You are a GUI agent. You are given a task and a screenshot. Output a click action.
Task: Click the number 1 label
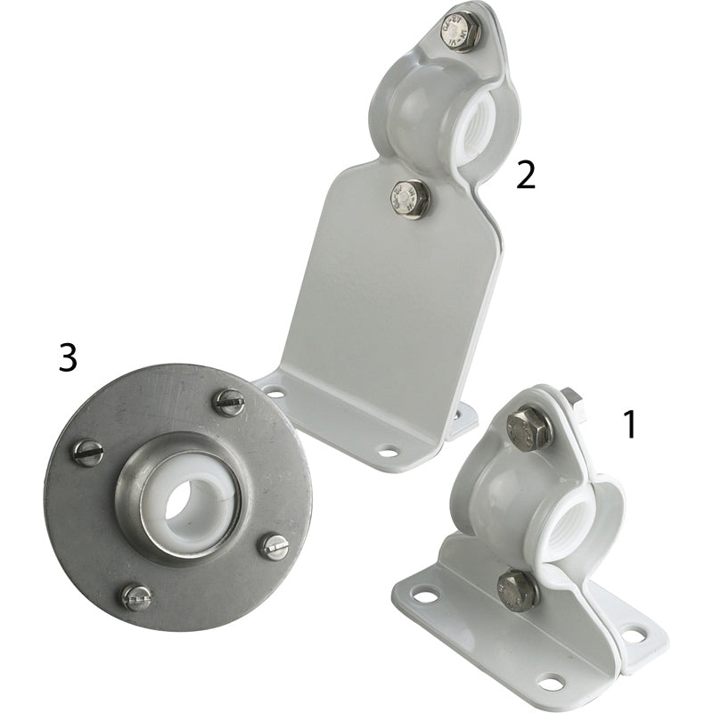(x=629, y=424)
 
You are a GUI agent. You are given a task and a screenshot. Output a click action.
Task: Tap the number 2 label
(x=526, y=176)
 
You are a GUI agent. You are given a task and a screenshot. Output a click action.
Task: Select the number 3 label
(x=68, y=357)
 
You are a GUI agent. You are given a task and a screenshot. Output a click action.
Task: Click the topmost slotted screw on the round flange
(x=228, y=402)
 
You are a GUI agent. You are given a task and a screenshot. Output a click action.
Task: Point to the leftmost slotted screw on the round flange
(x=87, y=453)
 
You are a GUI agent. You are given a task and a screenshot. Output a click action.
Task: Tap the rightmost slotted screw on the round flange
(x=274, y=546)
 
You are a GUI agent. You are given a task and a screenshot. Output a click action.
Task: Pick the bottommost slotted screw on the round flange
(x=137, y=598)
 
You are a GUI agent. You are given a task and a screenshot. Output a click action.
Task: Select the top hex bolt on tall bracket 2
(x=460, y=29)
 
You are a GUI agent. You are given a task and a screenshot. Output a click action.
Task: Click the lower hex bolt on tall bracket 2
(x=411, y=197)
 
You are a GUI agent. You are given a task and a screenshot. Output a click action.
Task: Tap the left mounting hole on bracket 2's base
(x=275, y=392)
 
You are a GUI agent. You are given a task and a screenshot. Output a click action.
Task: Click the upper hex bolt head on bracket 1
(x=529, y=429)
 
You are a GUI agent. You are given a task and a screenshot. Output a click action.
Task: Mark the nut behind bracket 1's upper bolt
(x=573, y=402)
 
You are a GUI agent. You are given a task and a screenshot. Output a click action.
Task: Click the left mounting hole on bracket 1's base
(x=425, y=594)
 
